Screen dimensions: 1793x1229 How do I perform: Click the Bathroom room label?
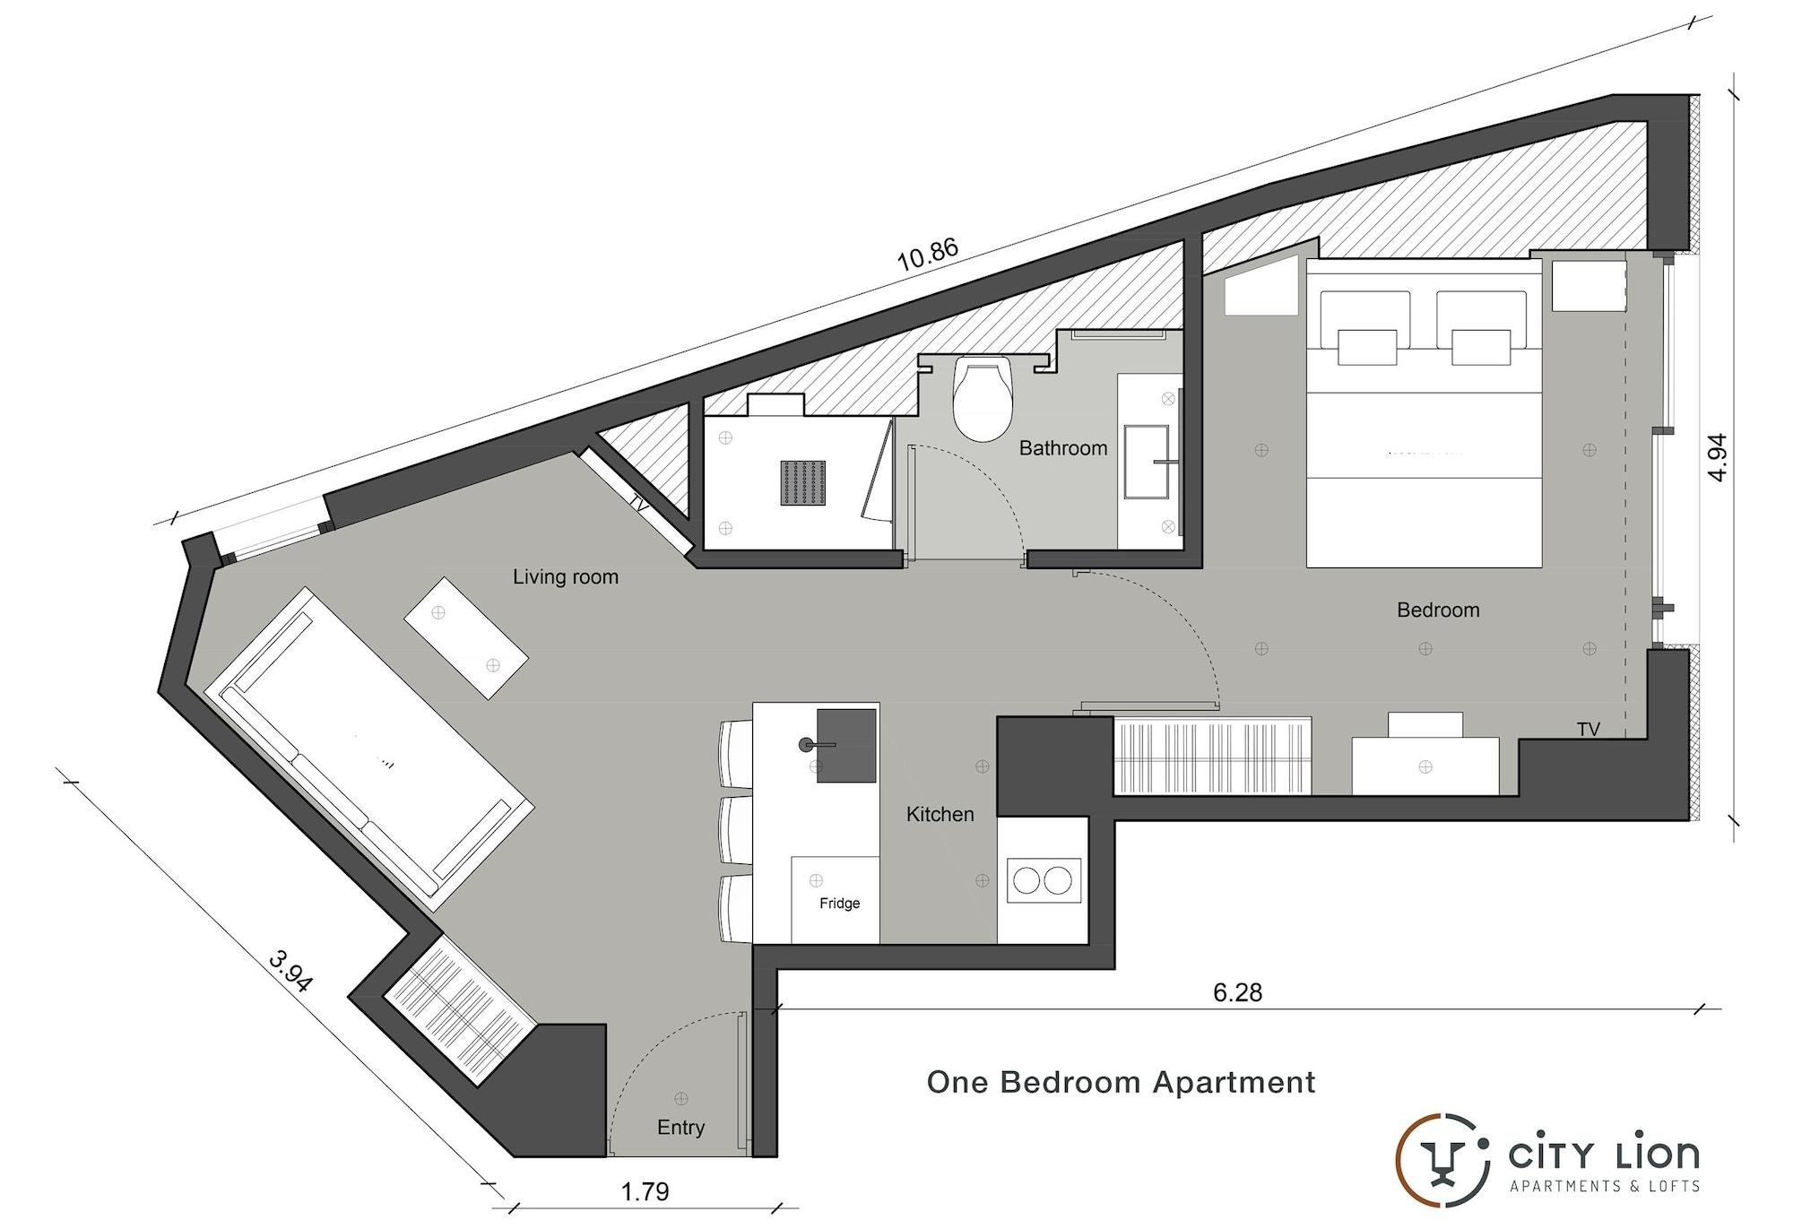point(1063,448)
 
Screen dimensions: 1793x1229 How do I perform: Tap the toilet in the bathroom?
point(983,399)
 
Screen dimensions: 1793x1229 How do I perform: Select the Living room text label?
point(566,577)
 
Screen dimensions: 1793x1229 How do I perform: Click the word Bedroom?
point(1438,610)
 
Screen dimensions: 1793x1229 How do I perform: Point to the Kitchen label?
point(940,815)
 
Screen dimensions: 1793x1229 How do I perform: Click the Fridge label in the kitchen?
point(839,904)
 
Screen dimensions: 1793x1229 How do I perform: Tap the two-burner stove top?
point(1044,880)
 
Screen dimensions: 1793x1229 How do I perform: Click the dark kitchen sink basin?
point(845,746)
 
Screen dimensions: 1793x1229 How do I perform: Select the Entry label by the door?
point(680,1128)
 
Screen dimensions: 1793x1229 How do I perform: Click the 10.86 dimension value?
point(928,255)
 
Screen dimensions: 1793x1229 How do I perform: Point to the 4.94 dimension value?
point(1717,457)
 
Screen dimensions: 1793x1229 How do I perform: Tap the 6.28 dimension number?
point(1237,992)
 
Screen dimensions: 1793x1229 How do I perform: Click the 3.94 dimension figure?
point(290,972)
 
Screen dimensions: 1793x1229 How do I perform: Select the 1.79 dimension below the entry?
point(645,1191)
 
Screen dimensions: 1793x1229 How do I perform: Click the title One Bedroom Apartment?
point(1121,1083)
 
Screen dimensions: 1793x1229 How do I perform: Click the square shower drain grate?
point(802,483)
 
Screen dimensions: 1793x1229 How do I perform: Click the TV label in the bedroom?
point(1589,730)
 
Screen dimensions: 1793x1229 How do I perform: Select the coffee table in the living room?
point(465,638)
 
